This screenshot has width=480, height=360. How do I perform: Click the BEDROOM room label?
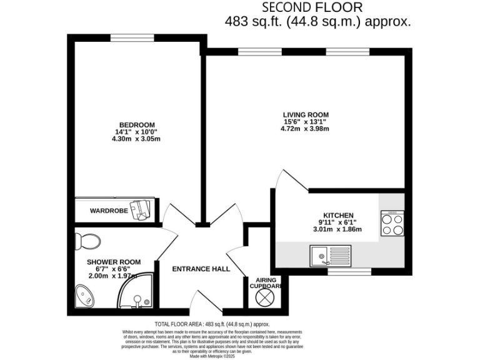click(x=137, y=125)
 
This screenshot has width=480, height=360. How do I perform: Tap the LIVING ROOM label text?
click(x=306, y=114)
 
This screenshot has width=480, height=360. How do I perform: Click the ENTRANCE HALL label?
click(x=201, y=269)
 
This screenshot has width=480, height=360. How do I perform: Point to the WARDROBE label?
click(x=109, y=211)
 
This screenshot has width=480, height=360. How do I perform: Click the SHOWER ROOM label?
click(x=113, y=262)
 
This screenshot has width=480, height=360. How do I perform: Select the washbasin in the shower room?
click(x=83, y=296)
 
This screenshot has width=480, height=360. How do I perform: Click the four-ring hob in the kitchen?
click(x=392, y=224)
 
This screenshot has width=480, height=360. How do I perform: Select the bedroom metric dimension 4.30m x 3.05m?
click(x=137, y=139)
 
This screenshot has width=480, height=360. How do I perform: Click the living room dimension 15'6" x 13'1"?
click(x=306, y=122)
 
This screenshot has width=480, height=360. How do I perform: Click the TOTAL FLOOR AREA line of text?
click(x=212, y=324)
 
